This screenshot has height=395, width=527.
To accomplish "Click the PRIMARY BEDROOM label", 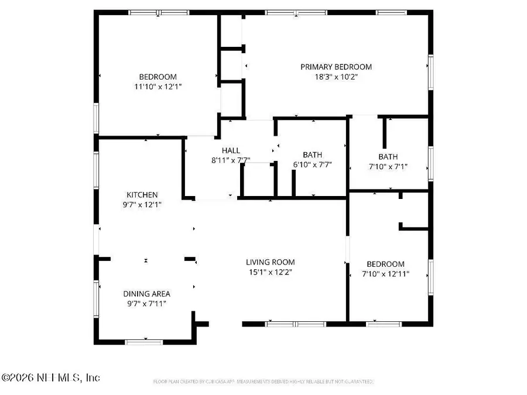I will (336, 67).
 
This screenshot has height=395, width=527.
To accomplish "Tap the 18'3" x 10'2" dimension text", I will (336, 76).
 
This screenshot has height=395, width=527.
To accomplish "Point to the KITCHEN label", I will (142, 195).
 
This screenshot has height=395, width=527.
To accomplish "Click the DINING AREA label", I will (146, 294).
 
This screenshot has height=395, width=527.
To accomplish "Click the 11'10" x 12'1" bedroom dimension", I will (158, 86).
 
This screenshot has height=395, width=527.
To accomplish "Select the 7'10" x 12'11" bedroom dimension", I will (385, 273).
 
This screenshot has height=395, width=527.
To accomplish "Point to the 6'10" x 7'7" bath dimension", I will (312, 164).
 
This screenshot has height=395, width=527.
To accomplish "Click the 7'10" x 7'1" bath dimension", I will (388, 166).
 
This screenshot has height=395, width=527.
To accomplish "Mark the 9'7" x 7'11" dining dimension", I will (146, 303).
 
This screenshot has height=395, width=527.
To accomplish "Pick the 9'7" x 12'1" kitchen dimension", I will (142, 204).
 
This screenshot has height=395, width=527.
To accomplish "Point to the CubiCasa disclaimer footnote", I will (263, 382).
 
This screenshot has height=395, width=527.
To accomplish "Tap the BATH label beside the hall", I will (312, 155).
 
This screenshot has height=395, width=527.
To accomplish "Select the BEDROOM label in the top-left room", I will (158, 77).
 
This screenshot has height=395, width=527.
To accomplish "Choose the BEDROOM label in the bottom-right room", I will (385, 264).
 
